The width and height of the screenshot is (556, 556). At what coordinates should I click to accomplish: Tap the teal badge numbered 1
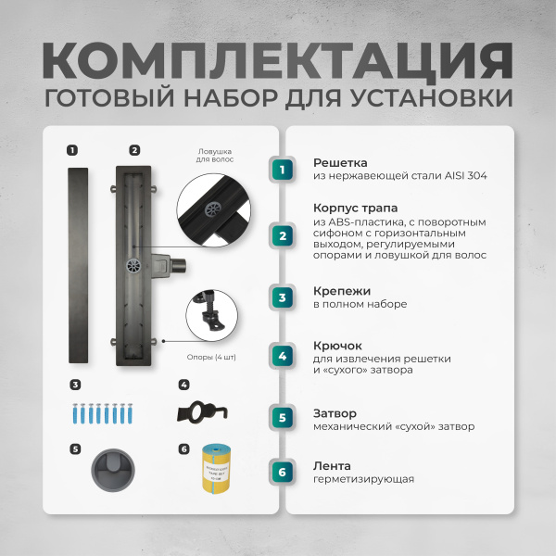[283, 169]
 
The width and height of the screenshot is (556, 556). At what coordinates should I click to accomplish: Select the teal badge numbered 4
[283, 356]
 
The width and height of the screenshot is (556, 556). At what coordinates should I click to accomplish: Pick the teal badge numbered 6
[283, 473]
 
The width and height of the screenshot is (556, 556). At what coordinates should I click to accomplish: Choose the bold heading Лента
[330, 466]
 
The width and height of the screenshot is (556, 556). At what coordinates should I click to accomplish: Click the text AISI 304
[463, 175]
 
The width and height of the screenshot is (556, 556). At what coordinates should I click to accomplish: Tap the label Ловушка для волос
[214, 155]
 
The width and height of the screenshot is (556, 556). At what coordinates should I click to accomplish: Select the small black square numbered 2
[134, 149]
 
